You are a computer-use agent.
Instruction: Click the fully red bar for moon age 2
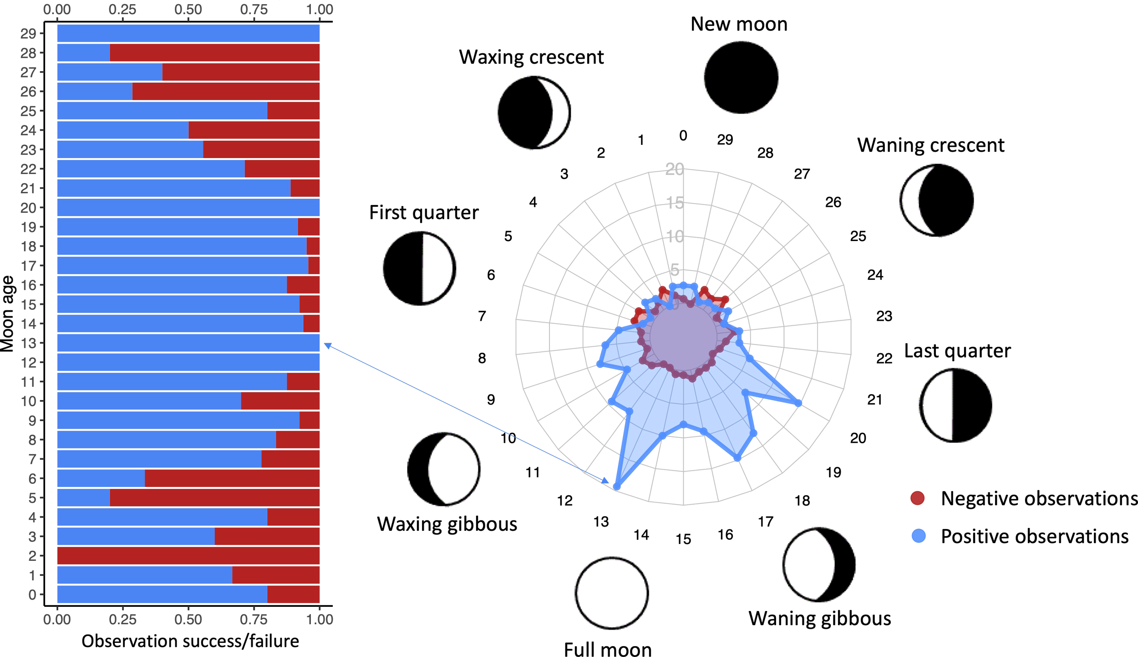tap(188, 555)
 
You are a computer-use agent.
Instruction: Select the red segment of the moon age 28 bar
tap(214, 53)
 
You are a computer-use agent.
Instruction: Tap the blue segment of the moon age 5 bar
tap(83, 498)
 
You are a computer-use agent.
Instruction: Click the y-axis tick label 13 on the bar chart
tap(28, 343)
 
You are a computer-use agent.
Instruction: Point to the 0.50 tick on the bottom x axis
tap(188, 619)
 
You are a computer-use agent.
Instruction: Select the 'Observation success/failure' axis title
tap(190, 641)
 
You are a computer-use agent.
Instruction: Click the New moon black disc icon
tap(741, 77)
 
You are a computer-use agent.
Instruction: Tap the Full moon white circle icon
tap(611, 593)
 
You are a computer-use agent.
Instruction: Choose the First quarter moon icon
tap(419, 268)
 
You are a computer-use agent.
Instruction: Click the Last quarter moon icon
tap(955, 405)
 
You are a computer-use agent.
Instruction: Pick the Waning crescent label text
tap(930, 145)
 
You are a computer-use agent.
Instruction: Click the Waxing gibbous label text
tap(447, 524)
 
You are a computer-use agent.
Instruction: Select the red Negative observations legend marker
tap(917, 498)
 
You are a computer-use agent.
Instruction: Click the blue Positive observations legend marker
tap(919, 535)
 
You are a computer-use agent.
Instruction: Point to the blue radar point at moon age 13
tap(616, 487)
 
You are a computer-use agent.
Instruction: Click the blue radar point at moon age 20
tap(798, 403)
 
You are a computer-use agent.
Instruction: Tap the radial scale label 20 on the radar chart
tap(674, 169)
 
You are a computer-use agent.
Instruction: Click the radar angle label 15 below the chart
tap(683, 539)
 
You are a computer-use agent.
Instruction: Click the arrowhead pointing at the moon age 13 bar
tap(327, 345)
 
